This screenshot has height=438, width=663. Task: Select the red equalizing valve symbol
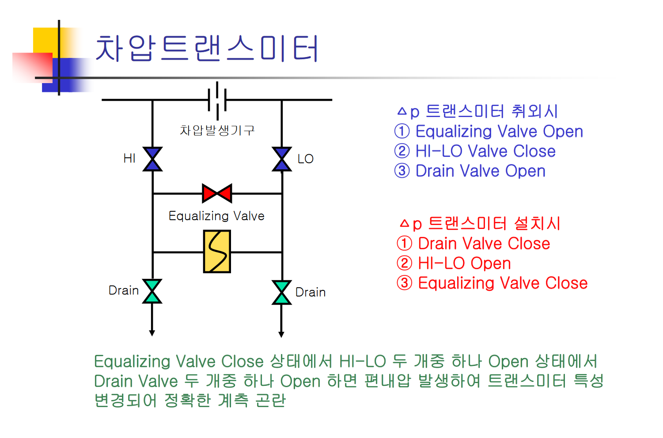[217, 193]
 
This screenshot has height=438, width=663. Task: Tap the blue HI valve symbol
[153, 159]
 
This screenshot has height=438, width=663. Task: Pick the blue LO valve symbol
[282, 159]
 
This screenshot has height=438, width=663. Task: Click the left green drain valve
[152, 291]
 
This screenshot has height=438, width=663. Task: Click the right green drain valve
[282, 293]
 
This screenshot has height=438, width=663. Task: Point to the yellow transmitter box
[217, 251]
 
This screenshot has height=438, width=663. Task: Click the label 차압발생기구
[217, 130]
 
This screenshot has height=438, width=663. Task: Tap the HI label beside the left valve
[129, 159]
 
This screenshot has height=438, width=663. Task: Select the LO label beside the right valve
[305, 159]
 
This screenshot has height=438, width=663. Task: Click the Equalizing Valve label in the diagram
[216, 216]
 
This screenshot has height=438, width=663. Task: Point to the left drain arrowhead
[152, 333]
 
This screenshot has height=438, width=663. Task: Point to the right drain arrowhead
[281, 334]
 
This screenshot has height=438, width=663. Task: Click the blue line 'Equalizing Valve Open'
[489, 132]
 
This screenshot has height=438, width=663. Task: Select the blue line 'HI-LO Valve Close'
[475, 152]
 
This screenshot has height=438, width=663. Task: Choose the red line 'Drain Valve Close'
[474, 244]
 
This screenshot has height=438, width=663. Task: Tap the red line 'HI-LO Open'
[454, 264]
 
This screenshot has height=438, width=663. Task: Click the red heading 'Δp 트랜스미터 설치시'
[480, 224]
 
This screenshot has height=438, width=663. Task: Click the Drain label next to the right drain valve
[311, 293]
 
